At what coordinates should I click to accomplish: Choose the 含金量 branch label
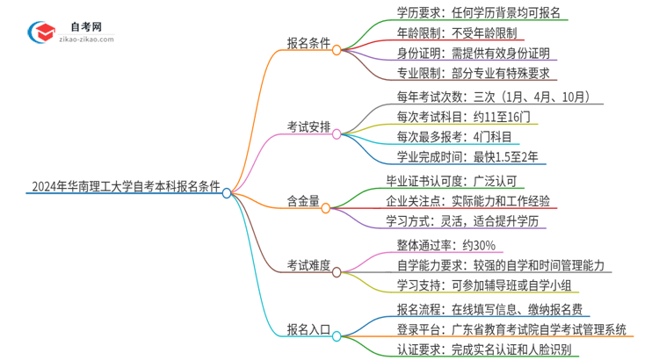tap(302, 208)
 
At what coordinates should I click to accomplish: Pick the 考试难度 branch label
tap(308, 265)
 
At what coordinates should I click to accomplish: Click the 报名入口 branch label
tap(308, 330)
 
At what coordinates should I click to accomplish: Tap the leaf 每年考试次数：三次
tap(487, 97)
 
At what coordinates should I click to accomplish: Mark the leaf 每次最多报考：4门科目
tap(453, 137)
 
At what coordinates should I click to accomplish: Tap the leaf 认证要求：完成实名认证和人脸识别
tap(484, 349)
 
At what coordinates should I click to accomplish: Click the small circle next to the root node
tap(227, 192)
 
